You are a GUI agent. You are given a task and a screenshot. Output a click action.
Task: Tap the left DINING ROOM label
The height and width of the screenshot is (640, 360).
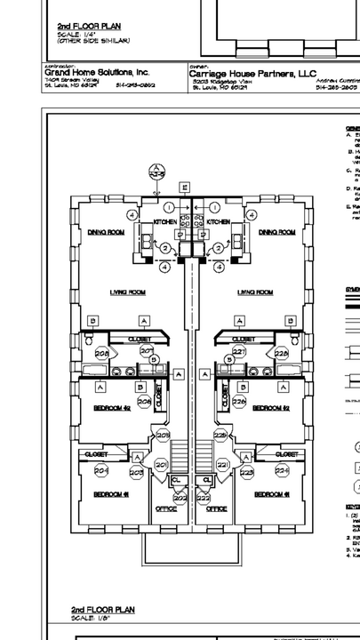(106, 232)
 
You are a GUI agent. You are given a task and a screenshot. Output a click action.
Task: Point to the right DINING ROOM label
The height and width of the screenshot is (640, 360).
(276, 232)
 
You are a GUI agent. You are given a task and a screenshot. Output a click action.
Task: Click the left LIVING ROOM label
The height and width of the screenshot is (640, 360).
(127, 292)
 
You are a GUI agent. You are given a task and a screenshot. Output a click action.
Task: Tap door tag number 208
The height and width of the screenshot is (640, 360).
(102, 354)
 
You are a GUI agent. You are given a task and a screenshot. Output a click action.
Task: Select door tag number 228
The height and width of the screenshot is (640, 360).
(282, 354)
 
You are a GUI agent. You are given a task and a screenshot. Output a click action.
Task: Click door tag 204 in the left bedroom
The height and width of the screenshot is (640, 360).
(100, 470)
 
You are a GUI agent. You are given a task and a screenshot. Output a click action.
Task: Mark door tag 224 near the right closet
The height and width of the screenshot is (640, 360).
(283, 470)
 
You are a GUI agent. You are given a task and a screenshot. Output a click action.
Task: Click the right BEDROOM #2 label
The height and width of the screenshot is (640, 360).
(271, 409)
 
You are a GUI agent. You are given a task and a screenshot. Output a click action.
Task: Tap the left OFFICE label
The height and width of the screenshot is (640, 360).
(166, 509)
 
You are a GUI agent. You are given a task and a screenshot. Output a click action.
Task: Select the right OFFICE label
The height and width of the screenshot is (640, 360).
(217, 509)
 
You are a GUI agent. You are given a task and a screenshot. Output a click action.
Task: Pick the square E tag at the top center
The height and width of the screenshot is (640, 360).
(184, 187)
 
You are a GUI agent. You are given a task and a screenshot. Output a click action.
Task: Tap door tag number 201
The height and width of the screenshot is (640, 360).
(161, 465)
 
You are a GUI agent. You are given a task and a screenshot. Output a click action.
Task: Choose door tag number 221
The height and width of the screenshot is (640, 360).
(222, 465)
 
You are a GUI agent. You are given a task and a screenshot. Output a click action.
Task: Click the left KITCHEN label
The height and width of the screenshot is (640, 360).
(165, 220)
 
